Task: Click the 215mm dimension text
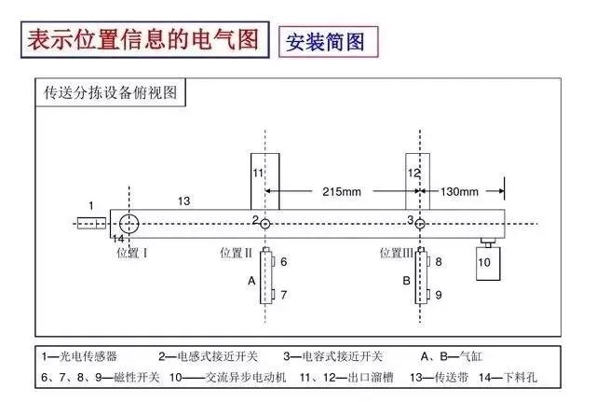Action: pos(340,191)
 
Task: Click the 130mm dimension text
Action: pos(457,191)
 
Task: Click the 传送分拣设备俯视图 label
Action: pos(111,93)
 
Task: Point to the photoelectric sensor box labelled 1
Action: pos(90,223)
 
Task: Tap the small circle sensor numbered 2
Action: pos(266,224)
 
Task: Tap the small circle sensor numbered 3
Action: pos(420,224)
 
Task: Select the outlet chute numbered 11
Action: pos(259,182)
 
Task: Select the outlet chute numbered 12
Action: pos(413,182)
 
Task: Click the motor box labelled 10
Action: pos(485,262)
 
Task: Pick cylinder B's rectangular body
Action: pos(421,278)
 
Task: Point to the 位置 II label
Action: pos(237,252)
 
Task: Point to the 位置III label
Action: pos(396,252)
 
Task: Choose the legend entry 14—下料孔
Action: pos(508,377)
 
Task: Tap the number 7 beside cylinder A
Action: pos(284,295)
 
